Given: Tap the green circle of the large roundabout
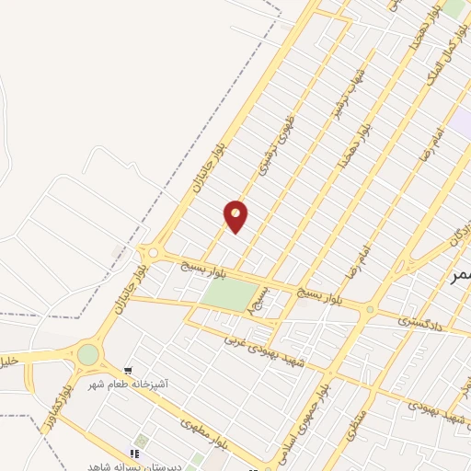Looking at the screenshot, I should point(88,354).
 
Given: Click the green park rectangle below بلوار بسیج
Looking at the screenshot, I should point(231,293).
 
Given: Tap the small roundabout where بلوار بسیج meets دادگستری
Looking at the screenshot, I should point(371,310).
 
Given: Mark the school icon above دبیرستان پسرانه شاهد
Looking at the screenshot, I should point(134,454).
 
